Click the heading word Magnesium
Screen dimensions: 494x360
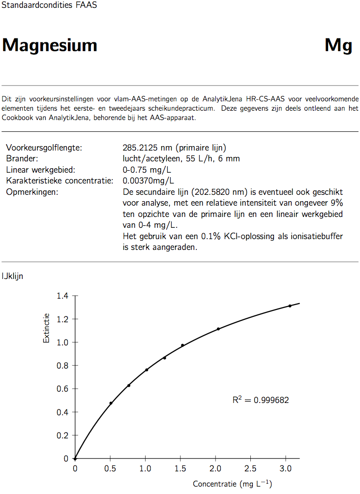click(x=50, y=46)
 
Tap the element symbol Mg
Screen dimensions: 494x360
click(x=338, y=46)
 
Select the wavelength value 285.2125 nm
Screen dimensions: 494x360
click(x=147, y=148)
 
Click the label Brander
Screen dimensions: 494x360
click(x=22, y=158)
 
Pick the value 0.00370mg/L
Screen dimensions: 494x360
click(x=148, y=181)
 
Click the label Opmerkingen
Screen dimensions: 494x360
click(x=32, y=191)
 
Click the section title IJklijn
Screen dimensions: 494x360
click(x=12, y=277)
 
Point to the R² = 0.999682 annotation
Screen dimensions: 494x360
click(x=261, y=400)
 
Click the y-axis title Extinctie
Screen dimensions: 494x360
click(x=46, y=328)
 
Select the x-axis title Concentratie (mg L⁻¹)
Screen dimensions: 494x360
click(x=232, y=484)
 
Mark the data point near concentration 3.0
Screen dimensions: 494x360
click(x=290, y=306)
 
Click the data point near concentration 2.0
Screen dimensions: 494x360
click(x=218, y=329)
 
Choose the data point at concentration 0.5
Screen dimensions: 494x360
click(x=111, y=403)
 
